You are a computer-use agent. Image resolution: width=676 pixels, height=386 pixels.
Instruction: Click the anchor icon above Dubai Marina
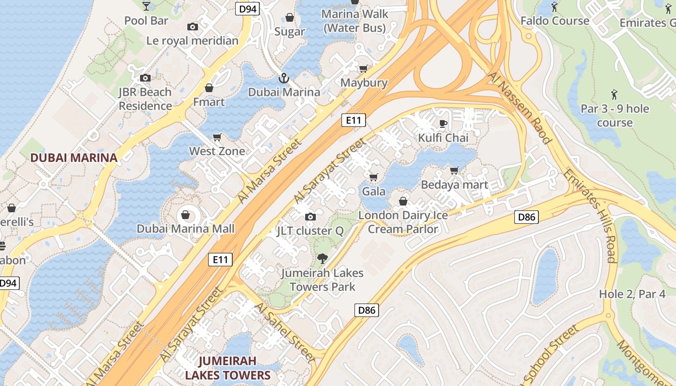(x=283, y=78)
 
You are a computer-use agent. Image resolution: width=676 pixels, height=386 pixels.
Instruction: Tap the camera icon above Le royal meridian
(x=192, y=27)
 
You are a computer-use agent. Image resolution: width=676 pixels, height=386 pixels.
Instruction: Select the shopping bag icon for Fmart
(x=209, y=88)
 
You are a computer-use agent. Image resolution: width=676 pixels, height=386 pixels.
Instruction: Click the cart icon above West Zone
(x=217, y=138)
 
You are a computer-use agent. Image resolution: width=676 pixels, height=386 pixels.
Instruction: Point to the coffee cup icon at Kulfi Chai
(x=443, y=124)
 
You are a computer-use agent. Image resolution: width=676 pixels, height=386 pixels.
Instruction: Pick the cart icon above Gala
(x=373, y=178)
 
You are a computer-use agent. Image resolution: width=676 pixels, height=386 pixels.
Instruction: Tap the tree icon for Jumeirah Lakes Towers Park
(x=322, y=259)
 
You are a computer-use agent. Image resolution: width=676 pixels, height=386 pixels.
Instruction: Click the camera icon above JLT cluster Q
(x=310, y=217)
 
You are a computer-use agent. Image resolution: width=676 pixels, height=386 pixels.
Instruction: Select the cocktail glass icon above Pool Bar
(x=146, y=6)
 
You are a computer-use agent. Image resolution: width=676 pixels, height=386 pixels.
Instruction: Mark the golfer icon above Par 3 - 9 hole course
(x=614, y=94)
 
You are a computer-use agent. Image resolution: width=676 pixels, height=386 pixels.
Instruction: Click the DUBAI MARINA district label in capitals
(x=74, y=158)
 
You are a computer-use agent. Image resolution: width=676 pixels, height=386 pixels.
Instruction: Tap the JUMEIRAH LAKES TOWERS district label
(x=227, y=368)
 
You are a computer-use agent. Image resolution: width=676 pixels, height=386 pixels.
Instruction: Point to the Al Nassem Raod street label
(x=520, y=108)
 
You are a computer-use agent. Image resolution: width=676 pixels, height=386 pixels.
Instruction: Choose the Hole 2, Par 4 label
(x=632, y=294)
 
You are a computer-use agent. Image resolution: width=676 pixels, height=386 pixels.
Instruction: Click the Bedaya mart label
(x=454, y=185)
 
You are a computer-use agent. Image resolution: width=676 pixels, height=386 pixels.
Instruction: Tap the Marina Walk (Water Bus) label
(x=355, y=21)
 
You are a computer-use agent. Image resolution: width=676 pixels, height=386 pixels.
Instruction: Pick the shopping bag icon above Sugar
(x=290, y=18)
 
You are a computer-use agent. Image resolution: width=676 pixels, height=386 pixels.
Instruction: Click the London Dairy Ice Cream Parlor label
(x=403, y=222)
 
